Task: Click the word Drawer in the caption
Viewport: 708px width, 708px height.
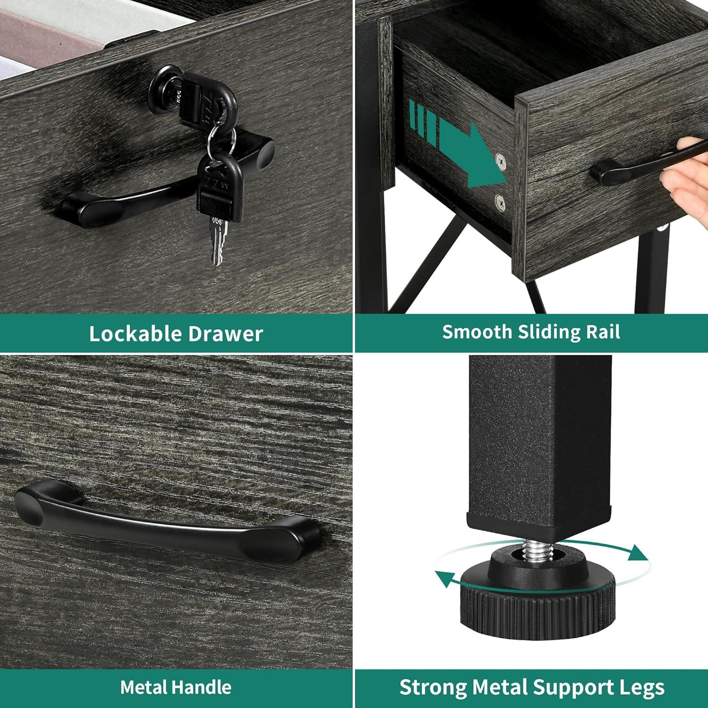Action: tap(226, 334)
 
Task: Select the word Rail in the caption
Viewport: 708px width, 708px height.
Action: tap(603, 332)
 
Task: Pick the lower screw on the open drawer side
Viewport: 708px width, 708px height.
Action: tap(500, 202)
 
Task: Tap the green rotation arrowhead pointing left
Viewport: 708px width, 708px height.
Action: tap(446, 578)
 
